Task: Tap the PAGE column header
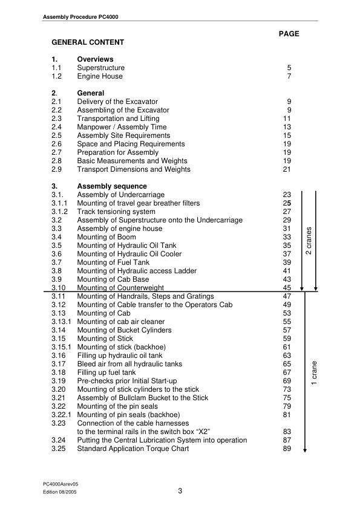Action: (x=289, y=34)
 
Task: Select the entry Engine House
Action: (x=100, y=76)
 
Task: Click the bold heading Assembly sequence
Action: (x=112, y=186)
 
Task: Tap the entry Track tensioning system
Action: (x=116, y=212)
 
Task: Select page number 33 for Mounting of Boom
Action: (x=287, y=237)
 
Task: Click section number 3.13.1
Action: (x=61, y=322)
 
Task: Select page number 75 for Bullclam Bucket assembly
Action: (x=287, y=398)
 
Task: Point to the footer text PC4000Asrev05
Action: (x=61, y=485)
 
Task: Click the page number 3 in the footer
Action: (x=180, y=491)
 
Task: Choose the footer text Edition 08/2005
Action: (x=60, y=493)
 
